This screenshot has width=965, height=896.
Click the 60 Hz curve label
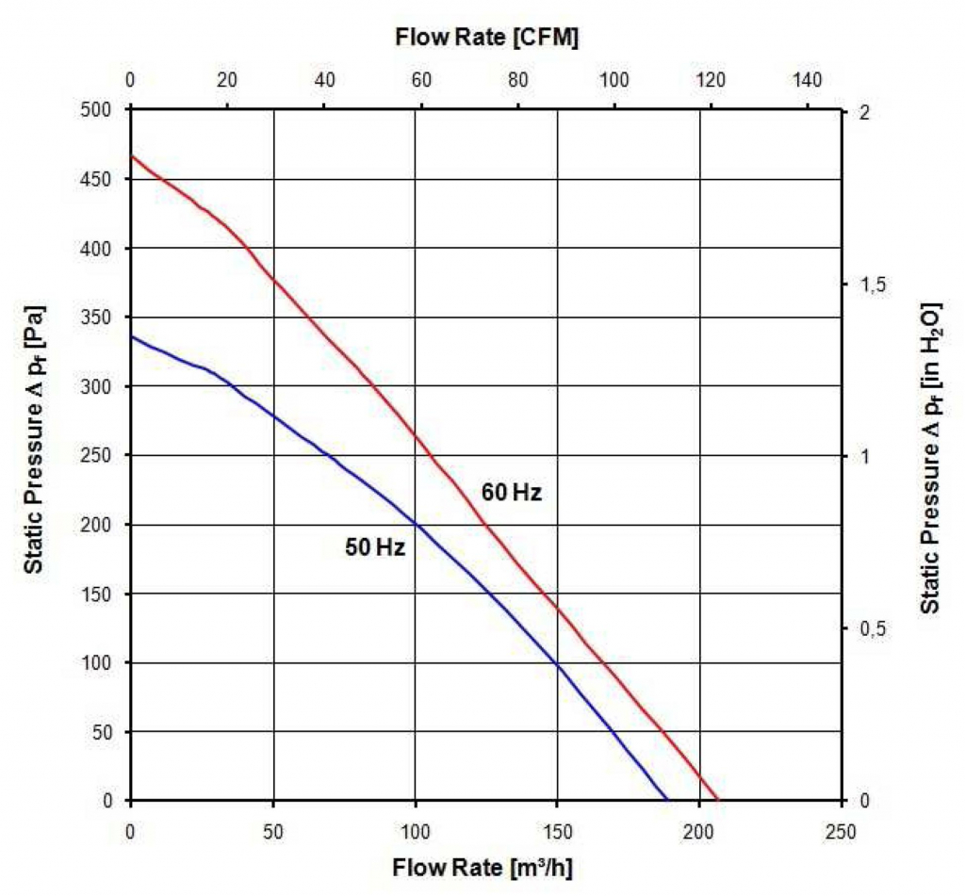(512, 492)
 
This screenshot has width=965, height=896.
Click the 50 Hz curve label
(375, 547)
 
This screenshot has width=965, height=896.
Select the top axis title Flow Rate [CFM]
(486, 39)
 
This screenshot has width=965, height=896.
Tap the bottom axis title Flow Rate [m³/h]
(482, 867)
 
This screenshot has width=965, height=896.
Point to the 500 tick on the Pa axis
(97, 110)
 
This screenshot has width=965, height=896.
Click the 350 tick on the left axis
(97, 318)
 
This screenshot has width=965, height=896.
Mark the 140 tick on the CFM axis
(808, 80)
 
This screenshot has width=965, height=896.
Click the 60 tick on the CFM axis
(420, 80)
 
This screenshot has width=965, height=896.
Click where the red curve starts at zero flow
(131, 156)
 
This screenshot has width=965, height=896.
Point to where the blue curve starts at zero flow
(131, 336)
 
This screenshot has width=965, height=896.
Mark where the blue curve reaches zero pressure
(667, 800)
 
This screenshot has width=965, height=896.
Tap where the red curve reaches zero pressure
(718, 800)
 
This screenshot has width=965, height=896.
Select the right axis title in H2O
(930, 458)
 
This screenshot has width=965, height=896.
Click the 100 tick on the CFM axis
(614, 80)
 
